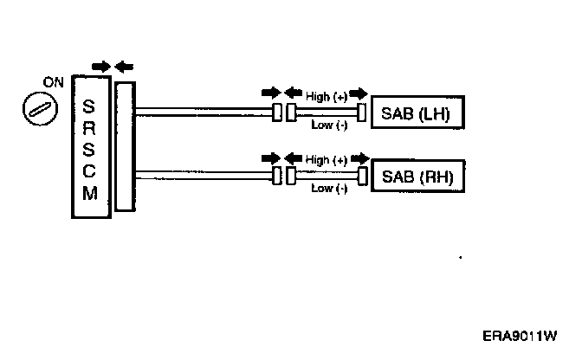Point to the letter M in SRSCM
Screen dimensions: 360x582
coord(89,193)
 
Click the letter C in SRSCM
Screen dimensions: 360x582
coord(89,170)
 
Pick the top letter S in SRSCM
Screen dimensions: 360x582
coord(89,107)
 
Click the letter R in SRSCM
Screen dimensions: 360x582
coord(89,128)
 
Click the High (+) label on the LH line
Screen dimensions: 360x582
coord(327,96)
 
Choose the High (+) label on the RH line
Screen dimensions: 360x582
coord(327,160)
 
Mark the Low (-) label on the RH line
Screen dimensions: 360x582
coord(328,188)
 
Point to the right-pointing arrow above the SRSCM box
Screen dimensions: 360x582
coord(100,66)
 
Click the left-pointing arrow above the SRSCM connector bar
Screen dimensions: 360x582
coord(124,66)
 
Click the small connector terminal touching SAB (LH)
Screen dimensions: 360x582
coord(360,112)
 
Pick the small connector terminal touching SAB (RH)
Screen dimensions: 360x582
coord(360,177)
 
